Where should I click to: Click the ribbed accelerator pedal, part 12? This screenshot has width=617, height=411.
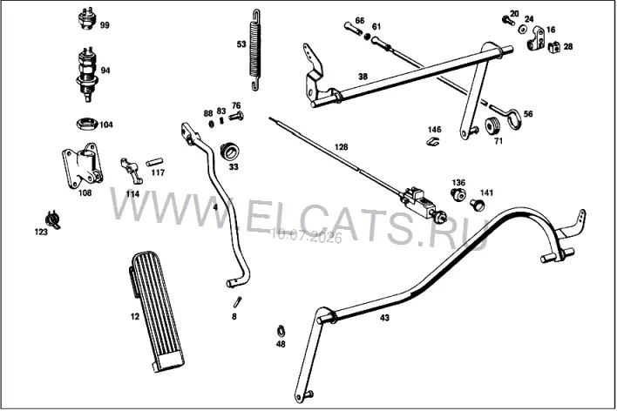[156, 311]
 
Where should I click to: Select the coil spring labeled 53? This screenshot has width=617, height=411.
[255, 49]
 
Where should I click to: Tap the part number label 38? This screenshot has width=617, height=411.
[363, 77]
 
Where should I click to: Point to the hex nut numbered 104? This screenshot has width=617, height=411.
[86, 124]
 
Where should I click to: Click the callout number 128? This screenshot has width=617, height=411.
[341, 147]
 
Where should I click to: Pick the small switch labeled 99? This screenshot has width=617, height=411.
[87, 18]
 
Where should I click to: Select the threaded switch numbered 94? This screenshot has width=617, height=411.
[87, 74]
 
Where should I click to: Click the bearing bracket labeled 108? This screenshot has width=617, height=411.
[82, 165]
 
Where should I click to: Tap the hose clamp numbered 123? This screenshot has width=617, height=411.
[53, 219]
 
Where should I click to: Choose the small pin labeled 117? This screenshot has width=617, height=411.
[154, 162]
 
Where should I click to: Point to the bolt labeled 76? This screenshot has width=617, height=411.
[235, 116]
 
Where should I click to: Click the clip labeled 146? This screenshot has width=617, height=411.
[433, 141]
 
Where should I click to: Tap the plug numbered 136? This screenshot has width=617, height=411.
[458, 194]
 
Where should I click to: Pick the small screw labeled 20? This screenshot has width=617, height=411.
[508, 20]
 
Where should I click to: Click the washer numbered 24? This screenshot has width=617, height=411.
[524, 29]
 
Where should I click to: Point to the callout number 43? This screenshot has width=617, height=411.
[384, 318]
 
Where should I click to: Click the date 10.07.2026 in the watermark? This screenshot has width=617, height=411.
[307, 236]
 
